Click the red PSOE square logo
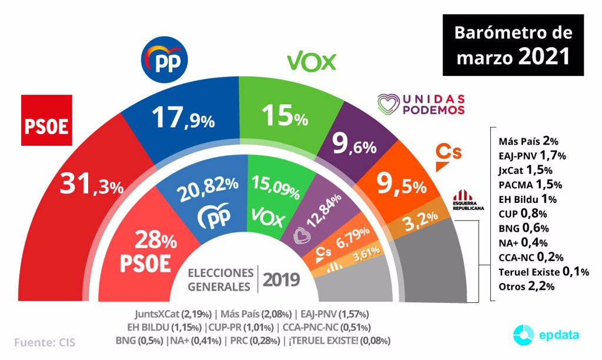coord(46,120)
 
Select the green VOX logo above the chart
coord(311,61)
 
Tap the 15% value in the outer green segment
coord(285,116)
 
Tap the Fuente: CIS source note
coord(44,342)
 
